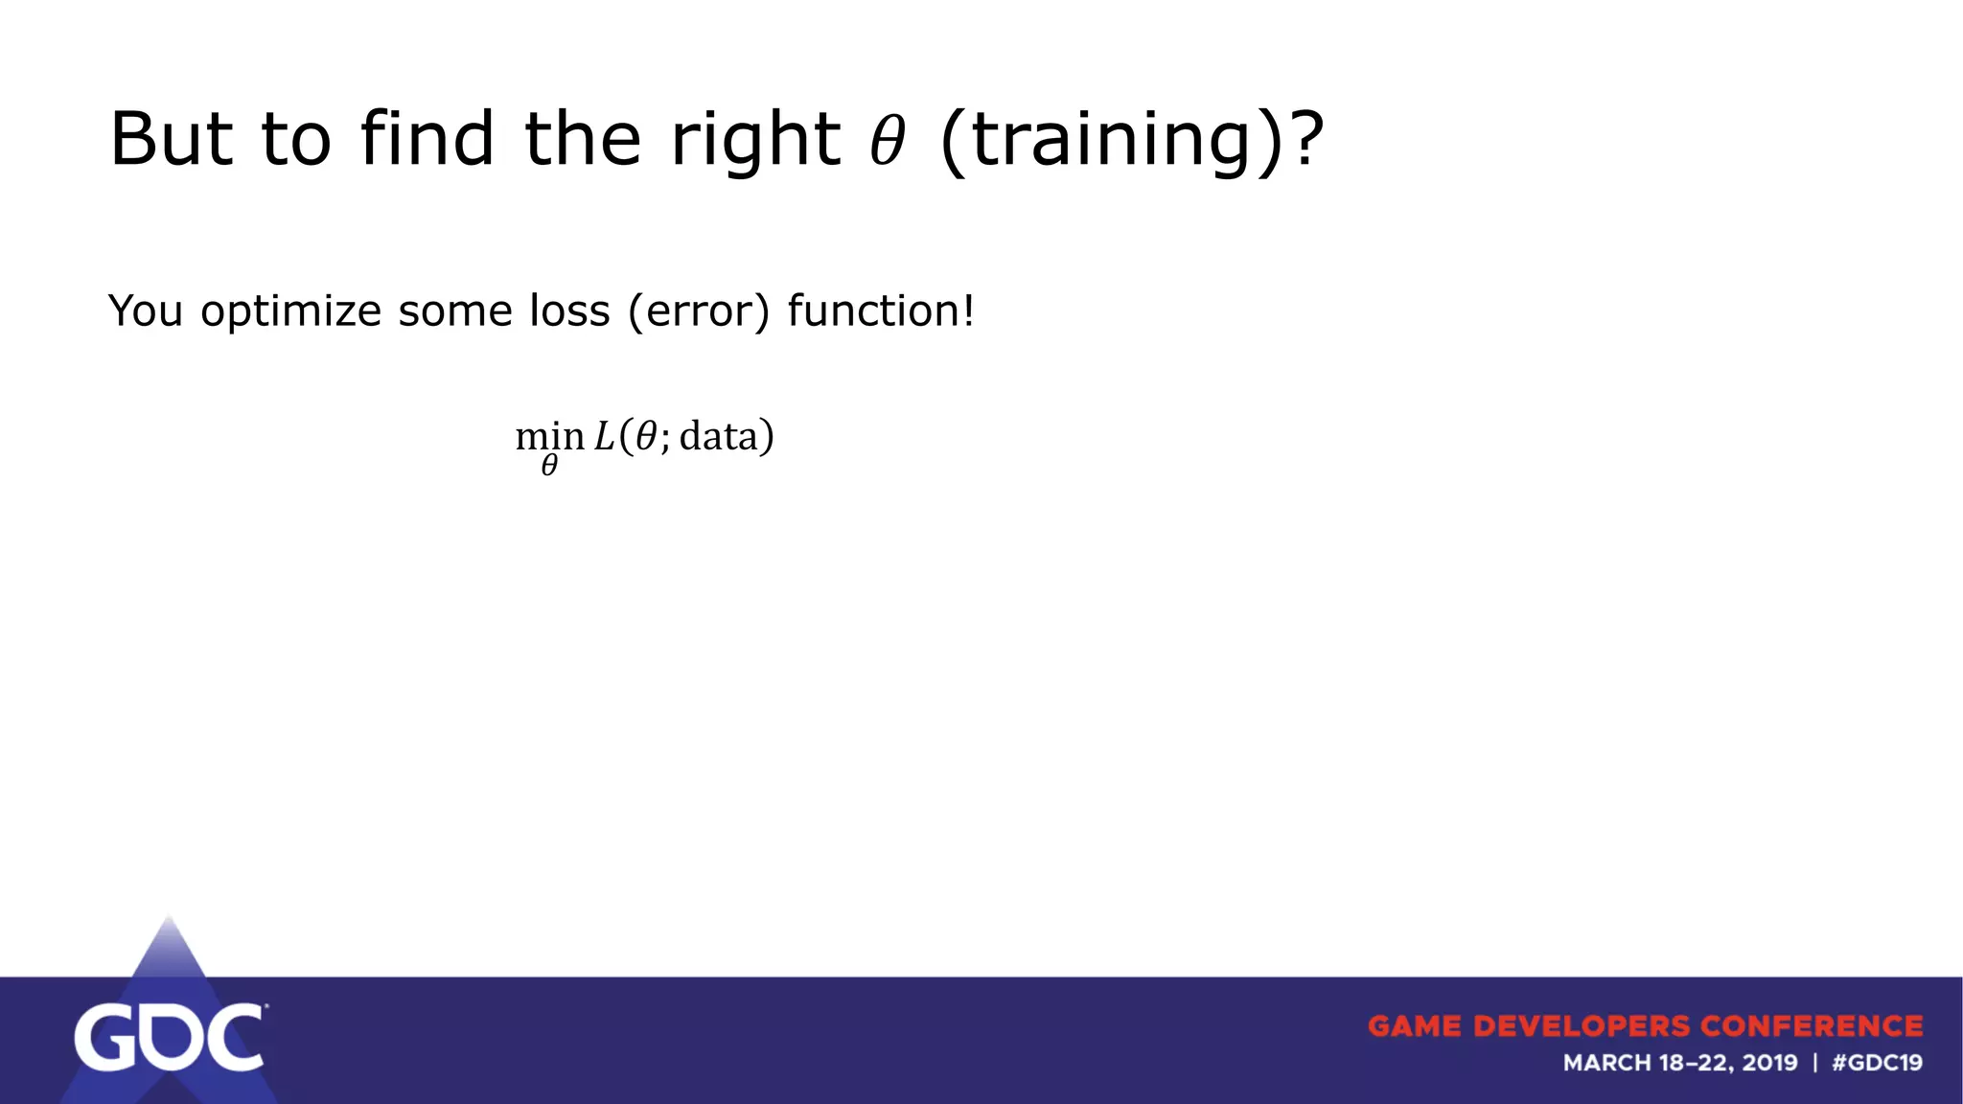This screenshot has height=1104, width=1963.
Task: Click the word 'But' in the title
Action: pos(172,139)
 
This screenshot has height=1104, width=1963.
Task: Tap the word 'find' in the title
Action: pos(427,139)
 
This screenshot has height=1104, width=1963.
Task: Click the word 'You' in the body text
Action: pos(145,310)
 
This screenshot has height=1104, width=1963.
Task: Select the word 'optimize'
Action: pos(290,312)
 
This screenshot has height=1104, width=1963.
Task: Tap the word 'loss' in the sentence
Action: pos(569,310)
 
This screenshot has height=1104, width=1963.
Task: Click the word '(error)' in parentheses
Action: pos(699,311)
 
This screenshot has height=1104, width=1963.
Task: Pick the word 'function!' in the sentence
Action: pos(881,310)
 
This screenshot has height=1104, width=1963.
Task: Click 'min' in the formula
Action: pos(549,437)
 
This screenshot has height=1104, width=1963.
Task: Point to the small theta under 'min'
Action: pos(549,466)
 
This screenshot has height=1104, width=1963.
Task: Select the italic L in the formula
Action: pos(604,437)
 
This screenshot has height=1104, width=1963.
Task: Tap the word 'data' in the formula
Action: pos(718,437)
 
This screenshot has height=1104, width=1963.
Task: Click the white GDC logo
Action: pos(169,1037)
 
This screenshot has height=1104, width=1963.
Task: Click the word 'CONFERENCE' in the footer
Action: pos(1812,1026)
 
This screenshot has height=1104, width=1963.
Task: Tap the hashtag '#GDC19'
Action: pos(1877,1063)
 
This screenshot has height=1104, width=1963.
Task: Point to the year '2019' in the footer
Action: pos(1769,1063)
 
